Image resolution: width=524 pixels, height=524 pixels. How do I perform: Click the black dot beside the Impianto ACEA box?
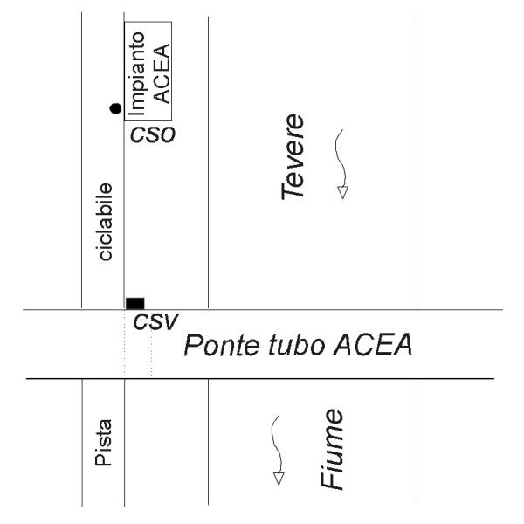tap(115, 108)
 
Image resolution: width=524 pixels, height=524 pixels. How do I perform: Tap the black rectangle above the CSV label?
tap(134, 303)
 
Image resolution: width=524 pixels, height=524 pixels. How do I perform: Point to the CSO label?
tap(153, 135)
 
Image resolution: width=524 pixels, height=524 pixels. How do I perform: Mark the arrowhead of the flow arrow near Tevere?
tap(342, 192)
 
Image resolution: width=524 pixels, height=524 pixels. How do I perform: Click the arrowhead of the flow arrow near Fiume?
tap(279, 478)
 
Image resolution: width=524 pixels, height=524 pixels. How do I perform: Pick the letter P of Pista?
tap(104, 464)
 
